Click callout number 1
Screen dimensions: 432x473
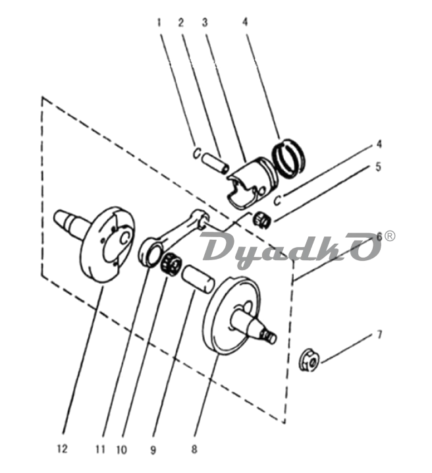click(159, 22)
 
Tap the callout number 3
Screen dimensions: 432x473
click(205, 22)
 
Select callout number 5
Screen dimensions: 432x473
click(379, 167)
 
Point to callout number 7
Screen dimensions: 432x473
click(379, 334)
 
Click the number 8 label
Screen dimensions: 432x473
click(194, 449)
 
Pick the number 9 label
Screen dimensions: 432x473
click(153, 450)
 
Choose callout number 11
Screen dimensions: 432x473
click(100, 449)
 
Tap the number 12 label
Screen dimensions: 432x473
click(62, 449)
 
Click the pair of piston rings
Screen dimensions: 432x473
click(289, 159)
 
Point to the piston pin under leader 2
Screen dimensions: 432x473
click(216, 163)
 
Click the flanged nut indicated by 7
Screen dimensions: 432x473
click(310, 360)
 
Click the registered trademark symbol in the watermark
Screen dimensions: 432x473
click(389, 236)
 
